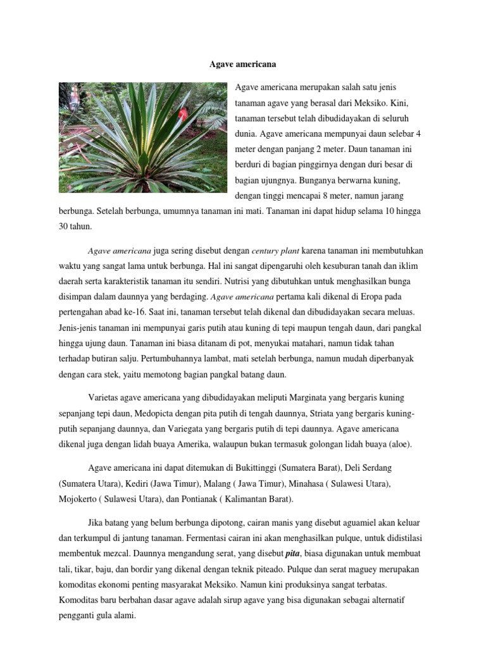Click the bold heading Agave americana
click(x=243, y=64)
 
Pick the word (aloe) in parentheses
click(x=396, y=444)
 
